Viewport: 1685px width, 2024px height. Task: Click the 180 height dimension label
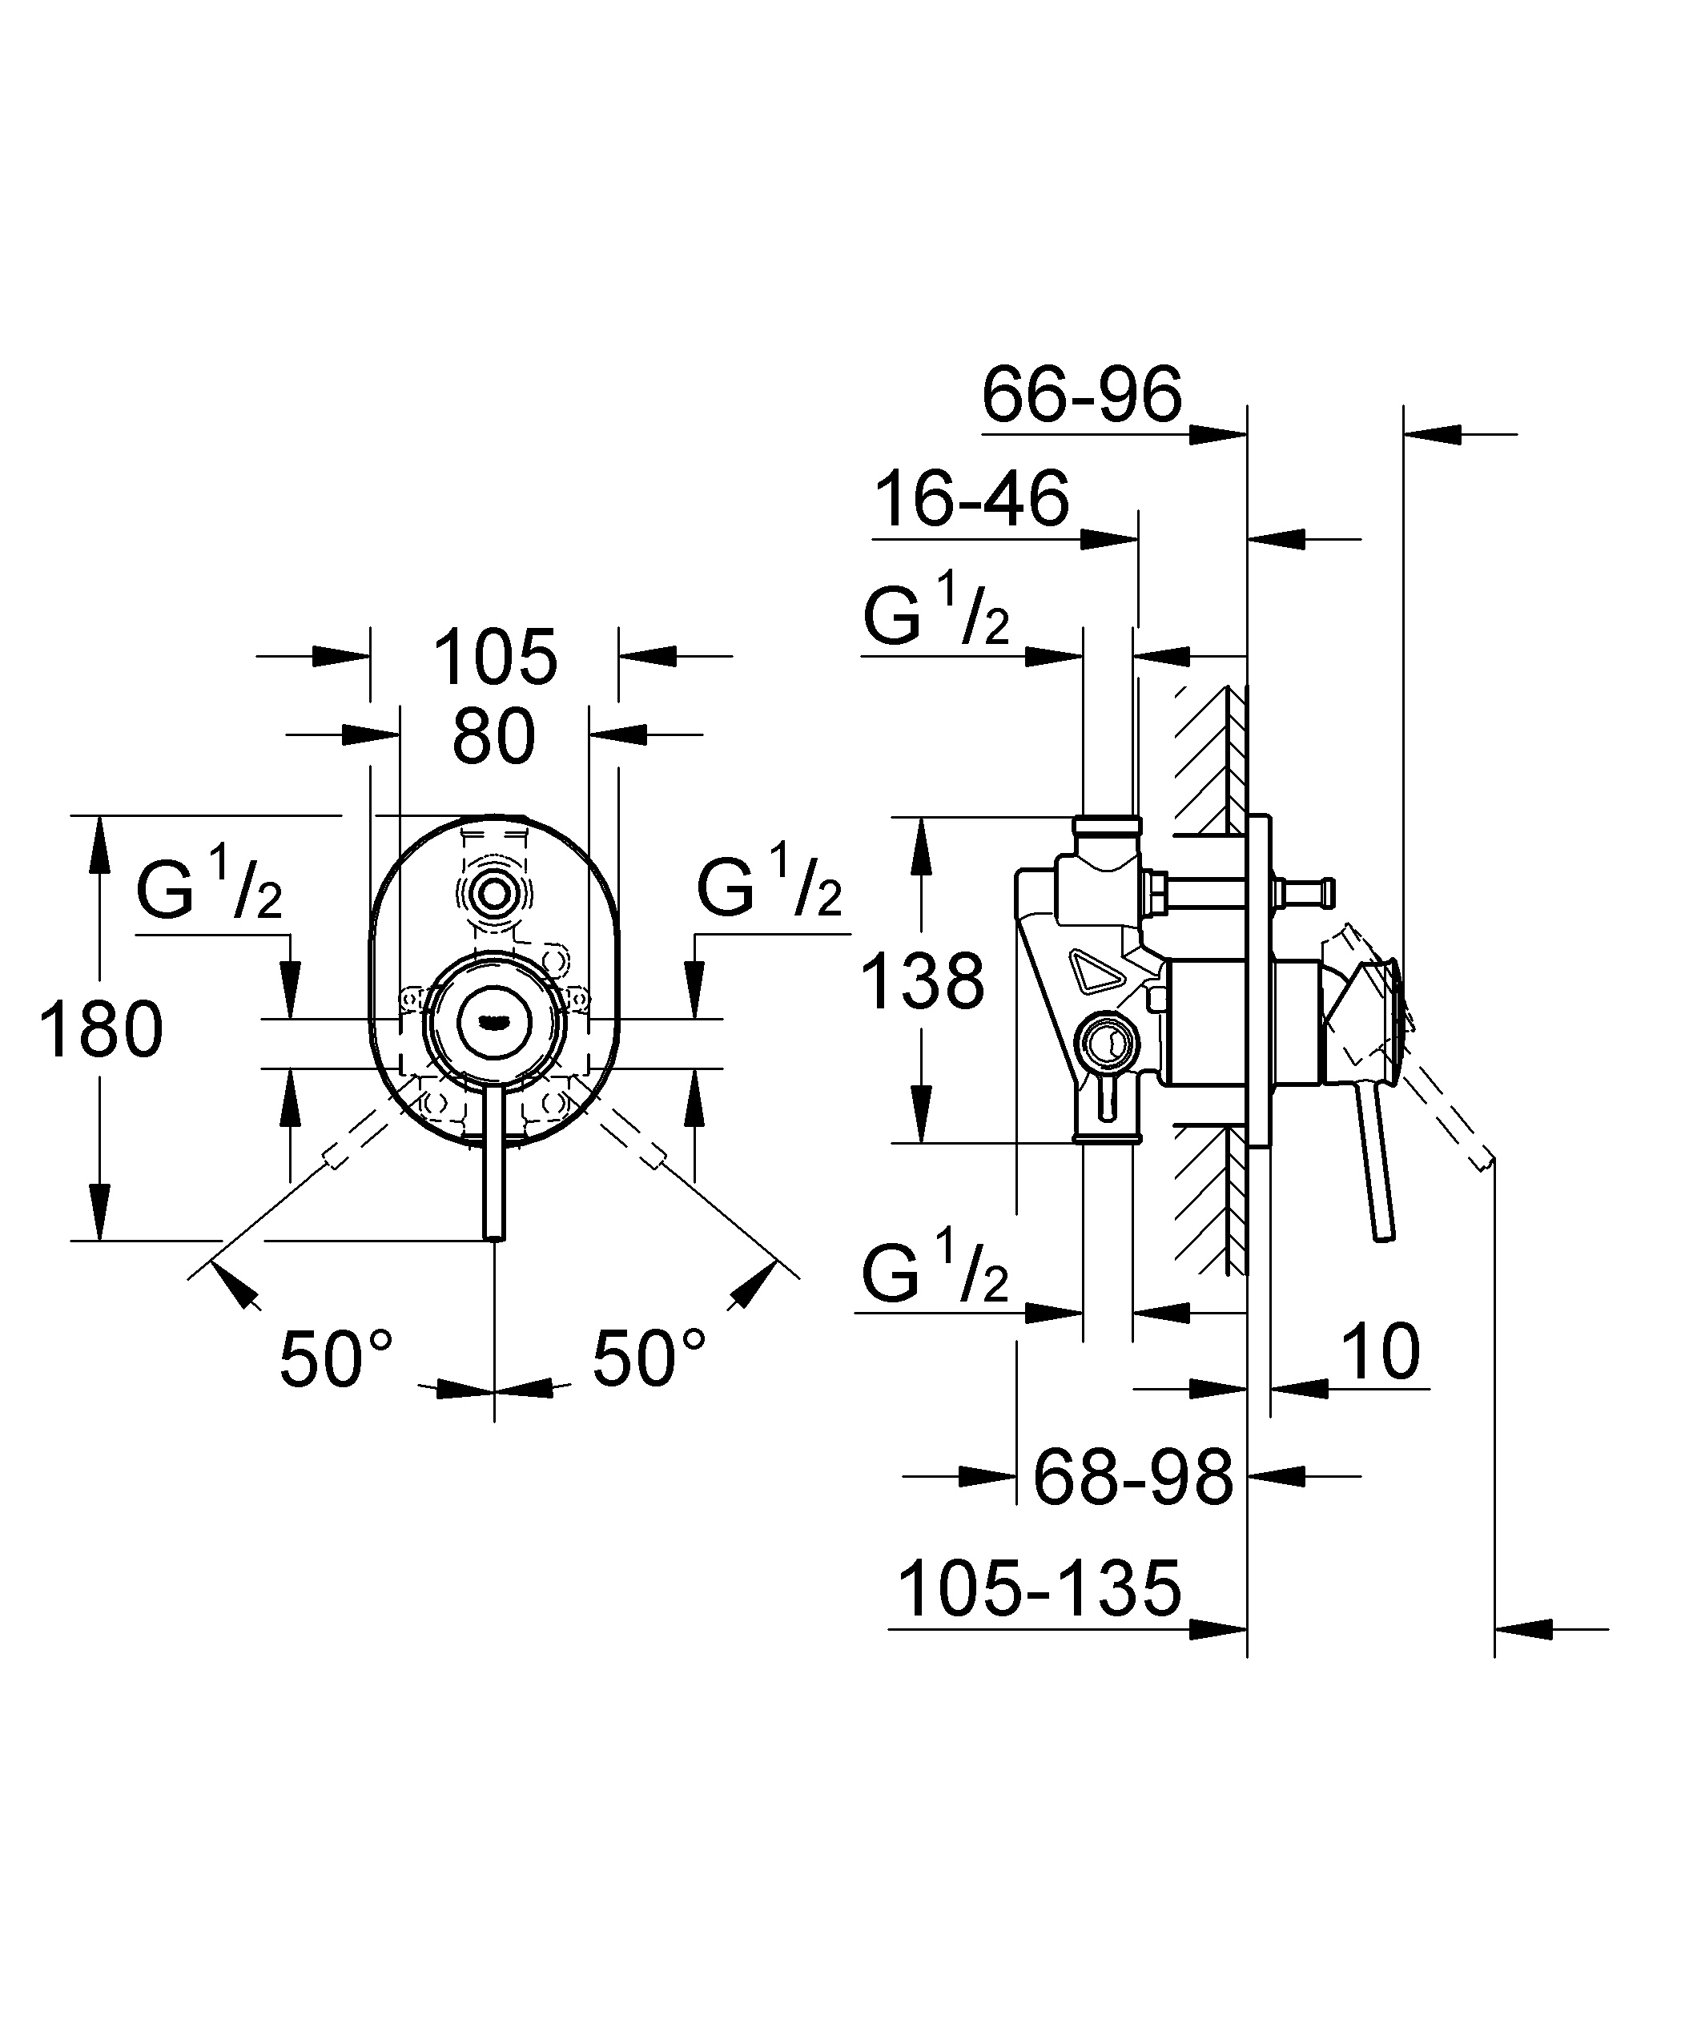point(101,1029)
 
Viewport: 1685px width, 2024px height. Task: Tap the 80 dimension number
point(493,738)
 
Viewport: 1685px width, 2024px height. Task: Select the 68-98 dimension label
point(1132,1478)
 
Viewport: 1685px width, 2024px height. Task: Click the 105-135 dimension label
point(1040,1588)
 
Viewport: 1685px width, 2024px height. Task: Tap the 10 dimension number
point(1381,1352)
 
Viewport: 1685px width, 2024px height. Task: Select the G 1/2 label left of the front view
point(208,888)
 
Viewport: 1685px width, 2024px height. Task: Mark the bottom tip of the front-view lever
point(494,1237)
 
